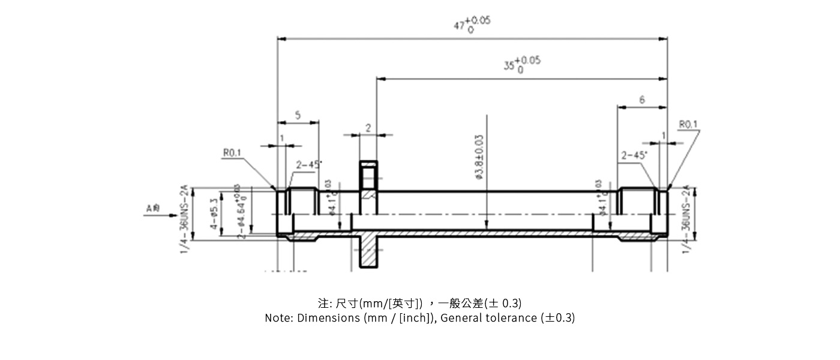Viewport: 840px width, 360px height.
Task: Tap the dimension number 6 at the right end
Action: tap(642, 100)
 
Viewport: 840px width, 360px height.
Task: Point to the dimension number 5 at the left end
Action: tap(298, 115)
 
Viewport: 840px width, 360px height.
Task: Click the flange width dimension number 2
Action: tap(368, 128)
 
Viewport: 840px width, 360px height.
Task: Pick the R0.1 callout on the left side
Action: tap(232, 153)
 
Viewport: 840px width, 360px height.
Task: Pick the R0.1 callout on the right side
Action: tap(688, 124)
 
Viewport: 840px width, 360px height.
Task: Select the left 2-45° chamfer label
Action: tap(308, 164)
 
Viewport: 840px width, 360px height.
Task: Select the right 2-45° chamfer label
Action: tap(634, 155)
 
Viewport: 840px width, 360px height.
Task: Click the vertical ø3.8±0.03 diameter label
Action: tap(479, 157)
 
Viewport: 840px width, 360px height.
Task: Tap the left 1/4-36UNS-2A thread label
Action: tap(185, 219)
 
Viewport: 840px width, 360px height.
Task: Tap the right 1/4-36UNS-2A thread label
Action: tap(686, 219)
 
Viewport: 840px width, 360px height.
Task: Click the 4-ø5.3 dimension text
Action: tap(213, 215)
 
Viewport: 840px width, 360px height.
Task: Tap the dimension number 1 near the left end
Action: tap(281, 139)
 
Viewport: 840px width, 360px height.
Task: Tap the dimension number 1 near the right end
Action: tap(664, 136)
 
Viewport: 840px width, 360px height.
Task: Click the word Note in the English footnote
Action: tap(278, 318)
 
